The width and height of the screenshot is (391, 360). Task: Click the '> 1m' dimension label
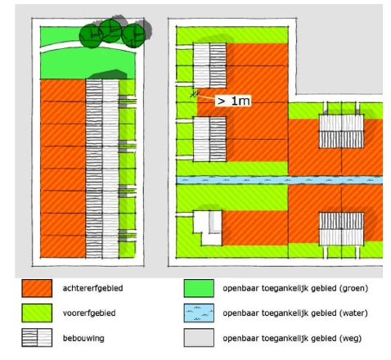pos(233,101)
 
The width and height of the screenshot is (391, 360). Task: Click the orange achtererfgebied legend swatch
pos(37,288)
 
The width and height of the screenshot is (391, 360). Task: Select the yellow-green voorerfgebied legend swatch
pos(37,313)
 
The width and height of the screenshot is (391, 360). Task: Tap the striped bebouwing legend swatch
pos(37,338)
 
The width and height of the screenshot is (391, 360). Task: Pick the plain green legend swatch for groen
pos(199,288)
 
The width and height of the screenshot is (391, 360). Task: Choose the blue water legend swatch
pos(199,313)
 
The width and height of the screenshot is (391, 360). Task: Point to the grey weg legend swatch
pos(199,338)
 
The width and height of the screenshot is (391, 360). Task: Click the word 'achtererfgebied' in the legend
pos(92,288)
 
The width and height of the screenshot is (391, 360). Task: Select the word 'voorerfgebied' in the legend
pos(89,313)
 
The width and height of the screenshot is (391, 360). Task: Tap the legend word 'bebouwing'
pos(83,339)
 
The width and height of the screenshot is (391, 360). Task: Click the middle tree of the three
pos(110,30)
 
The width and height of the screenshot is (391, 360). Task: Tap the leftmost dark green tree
pos(91,36)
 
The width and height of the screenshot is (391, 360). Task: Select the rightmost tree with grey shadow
pos(133,35)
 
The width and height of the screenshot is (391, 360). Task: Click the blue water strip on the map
pos(280,180)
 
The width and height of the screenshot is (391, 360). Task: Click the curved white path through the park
pos(88,47)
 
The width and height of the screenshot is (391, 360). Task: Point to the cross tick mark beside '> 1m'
pos(194,94)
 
